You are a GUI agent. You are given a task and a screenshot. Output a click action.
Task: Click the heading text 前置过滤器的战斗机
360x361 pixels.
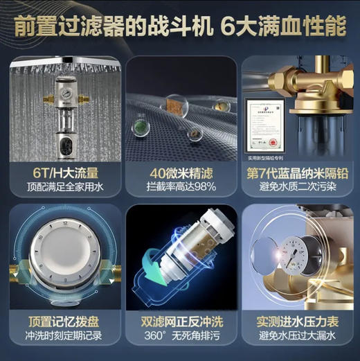pyautogui.click(x=111, y=26)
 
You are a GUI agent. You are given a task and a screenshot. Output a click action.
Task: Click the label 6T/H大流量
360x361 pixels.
pyautogui.click(x=61, y=170)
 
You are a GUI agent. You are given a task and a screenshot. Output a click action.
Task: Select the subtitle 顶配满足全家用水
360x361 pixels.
pyautogui.click(x=61, y=186)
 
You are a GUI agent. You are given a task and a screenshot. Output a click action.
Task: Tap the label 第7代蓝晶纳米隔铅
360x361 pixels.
pyautogui.click(x=299, y=170)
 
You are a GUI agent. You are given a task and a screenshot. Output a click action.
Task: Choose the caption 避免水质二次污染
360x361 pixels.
pyautogui.click(x=299, y=186)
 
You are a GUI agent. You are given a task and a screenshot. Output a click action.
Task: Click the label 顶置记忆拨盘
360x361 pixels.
pyautogui.click(x=61, y=322)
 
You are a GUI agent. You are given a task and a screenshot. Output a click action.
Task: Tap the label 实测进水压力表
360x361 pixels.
pyautogui.click(x=299, y=322)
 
